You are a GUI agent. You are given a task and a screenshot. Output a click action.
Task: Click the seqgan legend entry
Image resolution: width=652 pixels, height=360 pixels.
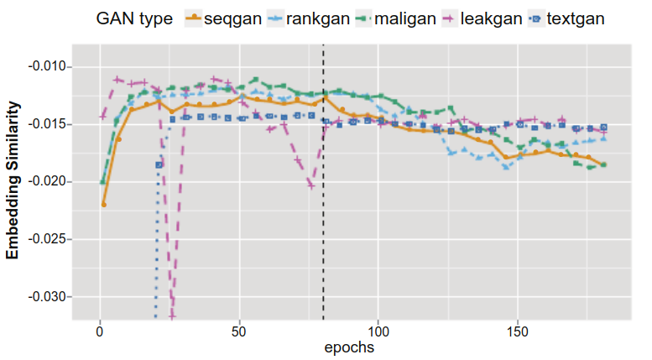[x=224, y=17]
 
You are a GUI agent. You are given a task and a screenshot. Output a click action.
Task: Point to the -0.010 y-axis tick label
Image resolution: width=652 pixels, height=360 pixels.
[x=52, y=66]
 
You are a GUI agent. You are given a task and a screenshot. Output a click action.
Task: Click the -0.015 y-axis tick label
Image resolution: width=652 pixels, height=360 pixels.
[x=52, y=124]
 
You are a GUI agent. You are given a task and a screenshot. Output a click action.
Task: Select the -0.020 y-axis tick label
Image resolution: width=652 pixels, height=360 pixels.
[x=52, y=182]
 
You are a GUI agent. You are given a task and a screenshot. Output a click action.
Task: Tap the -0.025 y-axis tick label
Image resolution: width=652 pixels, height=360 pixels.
[x=52, y=239]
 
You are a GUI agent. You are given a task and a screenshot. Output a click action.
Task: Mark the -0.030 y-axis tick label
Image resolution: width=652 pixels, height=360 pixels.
[x=52, y=297]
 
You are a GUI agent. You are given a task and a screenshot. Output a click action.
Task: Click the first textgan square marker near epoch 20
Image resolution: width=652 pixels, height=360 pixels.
[x=159, y=165]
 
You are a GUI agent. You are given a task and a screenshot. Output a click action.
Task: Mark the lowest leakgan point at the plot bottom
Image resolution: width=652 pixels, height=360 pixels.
[x=173, y=316]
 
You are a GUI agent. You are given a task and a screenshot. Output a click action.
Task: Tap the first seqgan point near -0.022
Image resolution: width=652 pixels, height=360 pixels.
[x=104, y=204]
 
